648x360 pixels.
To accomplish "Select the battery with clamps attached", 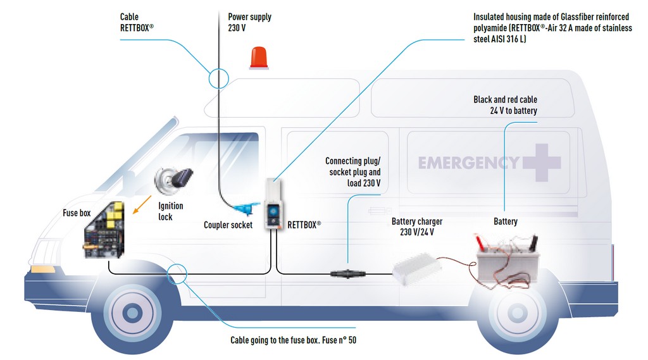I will point(508,259).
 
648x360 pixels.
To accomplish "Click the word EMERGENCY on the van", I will point(468,163).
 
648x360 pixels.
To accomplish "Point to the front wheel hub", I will point(132,312).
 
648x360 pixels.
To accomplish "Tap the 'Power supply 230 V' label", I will point(249,22).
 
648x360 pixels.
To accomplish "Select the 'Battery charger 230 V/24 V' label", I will point(416,227).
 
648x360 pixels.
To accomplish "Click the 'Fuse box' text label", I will point(77,213).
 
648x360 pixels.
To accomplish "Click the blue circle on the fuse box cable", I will point(178,273).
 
